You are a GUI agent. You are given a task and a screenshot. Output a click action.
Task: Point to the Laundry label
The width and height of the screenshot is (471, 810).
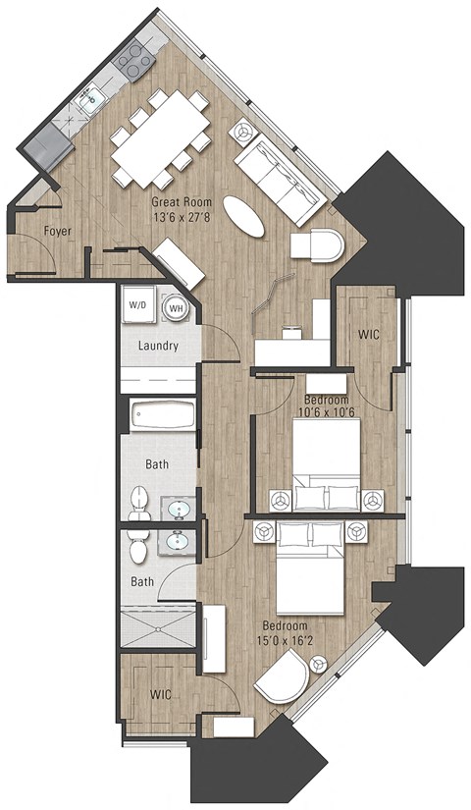coord(157,346)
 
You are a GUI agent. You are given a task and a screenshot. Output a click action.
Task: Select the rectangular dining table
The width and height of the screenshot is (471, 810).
coord(158,138)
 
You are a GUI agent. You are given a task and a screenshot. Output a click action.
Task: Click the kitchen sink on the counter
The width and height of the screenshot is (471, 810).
coord(93,98)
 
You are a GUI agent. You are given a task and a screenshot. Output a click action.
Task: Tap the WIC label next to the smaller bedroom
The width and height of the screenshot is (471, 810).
coord(369,335)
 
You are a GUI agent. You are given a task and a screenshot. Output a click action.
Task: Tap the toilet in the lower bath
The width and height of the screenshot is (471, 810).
coord(137,551)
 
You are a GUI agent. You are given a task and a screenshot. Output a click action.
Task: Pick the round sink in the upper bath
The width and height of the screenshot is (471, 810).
coord(178,509)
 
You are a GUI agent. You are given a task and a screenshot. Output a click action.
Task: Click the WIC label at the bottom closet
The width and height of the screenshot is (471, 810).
coord(162,694)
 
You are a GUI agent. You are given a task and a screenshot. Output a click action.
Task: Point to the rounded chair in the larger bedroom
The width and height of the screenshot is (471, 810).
coord(282,680)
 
